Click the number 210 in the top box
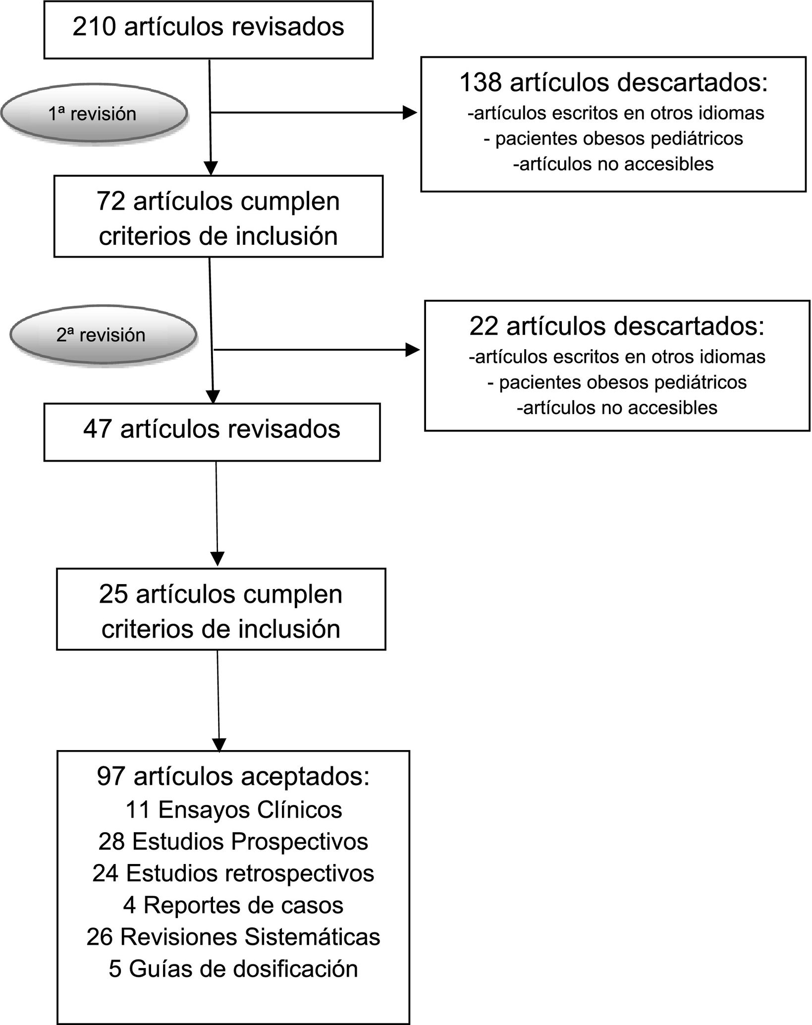95,27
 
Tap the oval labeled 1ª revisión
94,114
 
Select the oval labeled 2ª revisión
102,335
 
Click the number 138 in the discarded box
481,82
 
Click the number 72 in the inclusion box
111,202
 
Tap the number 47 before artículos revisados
97,429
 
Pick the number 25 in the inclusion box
113,594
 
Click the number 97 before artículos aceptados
111,776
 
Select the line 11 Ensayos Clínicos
233,810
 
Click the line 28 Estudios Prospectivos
233,842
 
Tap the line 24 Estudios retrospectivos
233,873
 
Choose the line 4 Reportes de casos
233,905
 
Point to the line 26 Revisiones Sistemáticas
233,937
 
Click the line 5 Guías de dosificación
233,969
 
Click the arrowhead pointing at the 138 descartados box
410,113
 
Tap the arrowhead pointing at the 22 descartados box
412,350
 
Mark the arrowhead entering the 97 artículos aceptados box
219,745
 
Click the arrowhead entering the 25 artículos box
217,558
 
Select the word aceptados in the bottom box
305,776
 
